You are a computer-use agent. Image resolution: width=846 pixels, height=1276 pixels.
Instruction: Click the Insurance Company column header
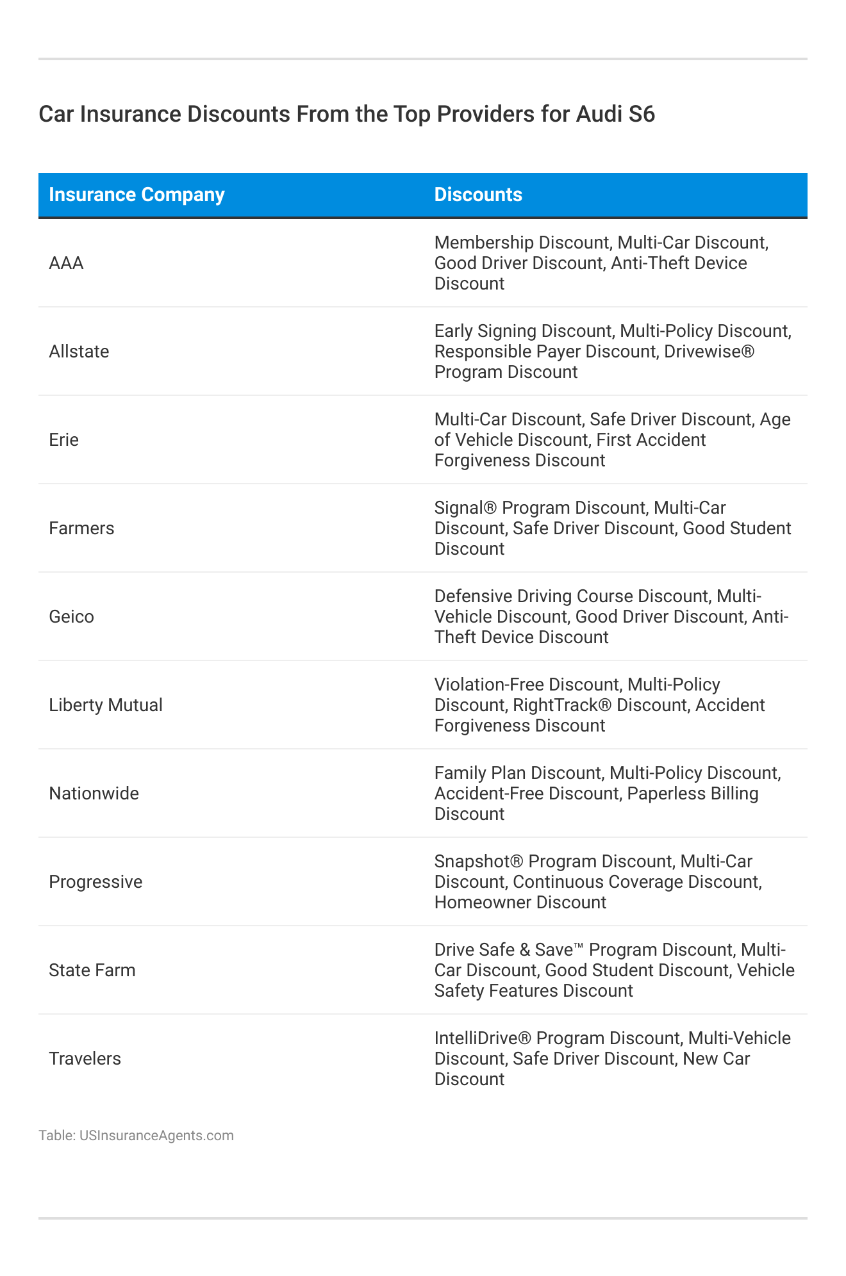point(137,195)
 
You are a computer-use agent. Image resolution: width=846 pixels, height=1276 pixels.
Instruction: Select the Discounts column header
point(478,195)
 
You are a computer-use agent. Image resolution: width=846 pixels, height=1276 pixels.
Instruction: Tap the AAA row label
point(66,263)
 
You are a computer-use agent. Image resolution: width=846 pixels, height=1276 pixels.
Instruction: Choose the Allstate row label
point(79,352)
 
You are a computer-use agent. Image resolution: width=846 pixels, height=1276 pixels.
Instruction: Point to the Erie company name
point(63,440)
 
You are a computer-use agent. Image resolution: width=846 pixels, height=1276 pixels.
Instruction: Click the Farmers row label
point(81,528)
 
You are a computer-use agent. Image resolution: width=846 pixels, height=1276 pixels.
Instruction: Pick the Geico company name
point(71,617)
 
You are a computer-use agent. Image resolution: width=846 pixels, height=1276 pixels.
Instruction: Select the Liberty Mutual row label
point(106,705)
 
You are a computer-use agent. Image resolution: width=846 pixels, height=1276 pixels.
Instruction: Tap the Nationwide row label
point(94,794)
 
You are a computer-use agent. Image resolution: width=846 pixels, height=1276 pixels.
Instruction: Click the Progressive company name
point(95,882)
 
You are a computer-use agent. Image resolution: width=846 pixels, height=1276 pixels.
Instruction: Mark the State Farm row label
point(92,970)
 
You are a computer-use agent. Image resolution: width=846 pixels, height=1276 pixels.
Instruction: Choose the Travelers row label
point(85,1059)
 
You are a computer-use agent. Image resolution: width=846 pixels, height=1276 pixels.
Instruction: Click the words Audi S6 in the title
point(615,114)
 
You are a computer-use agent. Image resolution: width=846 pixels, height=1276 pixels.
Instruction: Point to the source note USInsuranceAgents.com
point(156,1136)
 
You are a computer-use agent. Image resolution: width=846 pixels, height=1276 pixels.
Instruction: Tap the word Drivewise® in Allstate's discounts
point(709,352)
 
